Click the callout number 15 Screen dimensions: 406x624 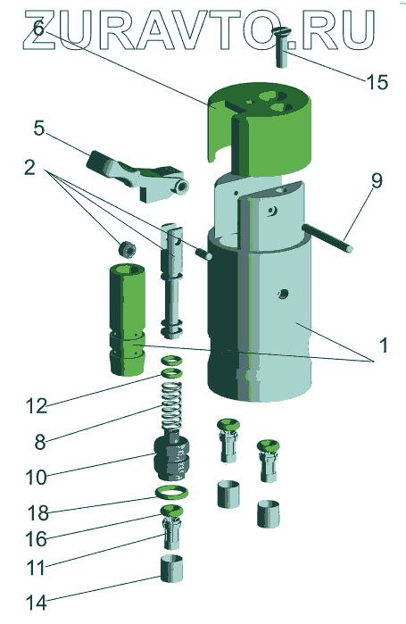377,82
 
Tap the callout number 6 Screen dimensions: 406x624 38,28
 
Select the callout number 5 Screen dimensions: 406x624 39,129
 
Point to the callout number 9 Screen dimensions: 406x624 377,180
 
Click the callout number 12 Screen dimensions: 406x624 37,406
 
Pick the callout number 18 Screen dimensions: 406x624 38,513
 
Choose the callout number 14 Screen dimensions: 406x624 37,603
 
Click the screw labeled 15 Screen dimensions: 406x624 281,47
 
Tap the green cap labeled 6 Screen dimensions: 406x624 260,129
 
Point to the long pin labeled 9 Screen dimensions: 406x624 327,238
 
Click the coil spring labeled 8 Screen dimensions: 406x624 171,405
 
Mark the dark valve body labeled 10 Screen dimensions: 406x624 171,458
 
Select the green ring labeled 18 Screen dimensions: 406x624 172,492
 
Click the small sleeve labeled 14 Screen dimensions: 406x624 172,569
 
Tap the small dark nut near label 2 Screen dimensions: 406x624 128,250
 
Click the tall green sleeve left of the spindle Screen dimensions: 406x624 127,320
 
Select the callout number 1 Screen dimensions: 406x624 383,345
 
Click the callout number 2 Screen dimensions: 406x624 29,168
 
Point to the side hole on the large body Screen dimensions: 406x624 282,294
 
